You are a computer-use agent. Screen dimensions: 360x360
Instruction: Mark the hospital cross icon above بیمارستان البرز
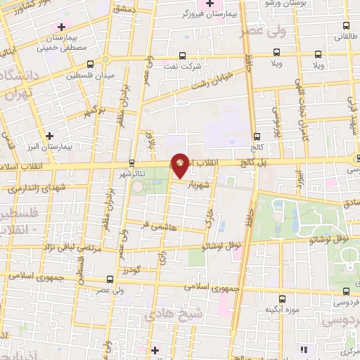49,136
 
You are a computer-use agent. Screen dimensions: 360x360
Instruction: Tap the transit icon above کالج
257,136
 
